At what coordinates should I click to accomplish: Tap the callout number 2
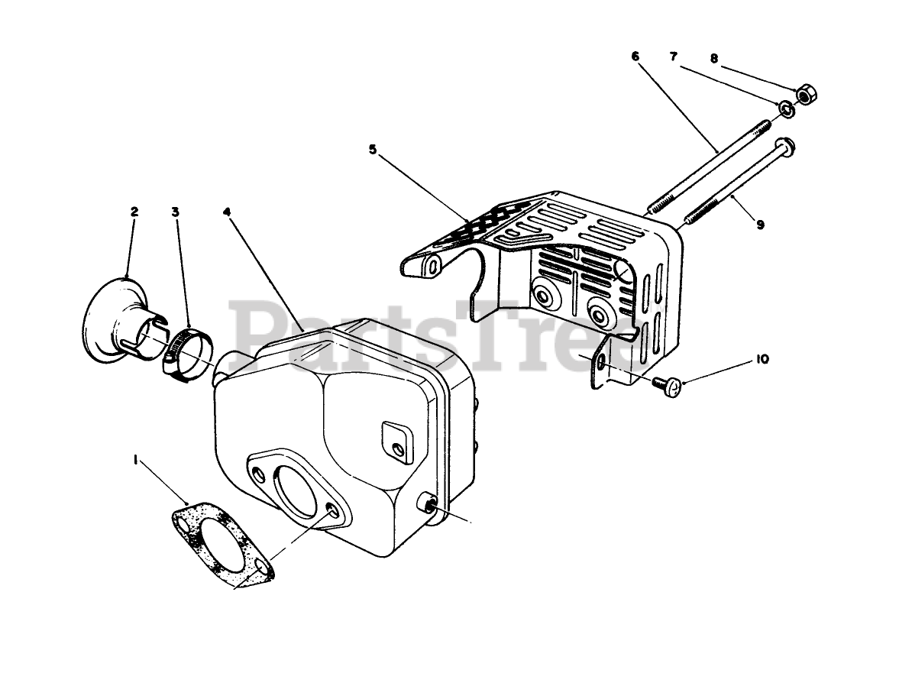(x=134, y=212)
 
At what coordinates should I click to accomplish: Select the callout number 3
(x=176, y=212)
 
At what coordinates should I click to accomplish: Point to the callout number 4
(x=227, y=212)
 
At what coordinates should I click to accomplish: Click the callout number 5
(x=373, y=150)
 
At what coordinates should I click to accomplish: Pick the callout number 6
(x=635, y=57)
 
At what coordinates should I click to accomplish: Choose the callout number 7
(x=673, y=57)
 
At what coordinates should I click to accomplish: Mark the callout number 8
(x=713, y=57)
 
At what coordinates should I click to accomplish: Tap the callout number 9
(x=760, y=225)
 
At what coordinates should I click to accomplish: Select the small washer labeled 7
(x=787, y=110)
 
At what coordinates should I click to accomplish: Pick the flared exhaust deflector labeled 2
(x=115, y=325)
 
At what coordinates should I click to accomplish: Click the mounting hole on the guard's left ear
(x=433, y=267)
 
